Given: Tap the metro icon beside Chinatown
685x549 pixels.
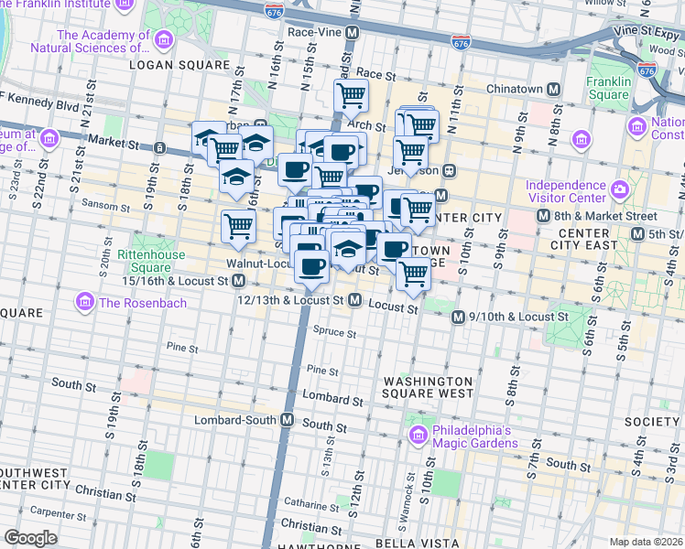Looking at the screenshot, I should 552,90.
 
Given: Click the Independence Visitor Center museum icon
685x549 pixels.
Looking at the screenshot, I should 620,191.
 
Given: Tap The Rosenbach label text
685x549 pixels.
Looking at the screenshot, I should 132,301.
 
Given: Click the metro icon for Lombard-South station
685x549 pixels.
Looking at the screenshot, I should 288,420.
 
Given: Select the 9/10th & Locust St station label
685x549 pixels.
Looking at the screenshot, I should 518,317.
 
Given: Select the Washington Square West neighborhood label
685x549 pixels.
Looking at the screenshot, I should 428,387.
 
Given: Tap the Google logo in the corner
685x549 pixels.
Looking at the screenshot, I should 30,538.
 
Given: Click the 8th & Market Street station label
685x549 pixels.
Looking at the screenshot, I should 604,216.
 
